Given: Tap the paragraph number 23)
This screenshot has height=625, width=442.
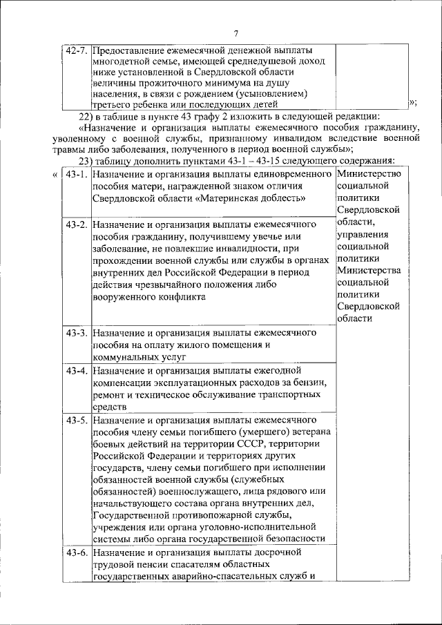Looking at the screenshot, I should click(90, 160).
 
